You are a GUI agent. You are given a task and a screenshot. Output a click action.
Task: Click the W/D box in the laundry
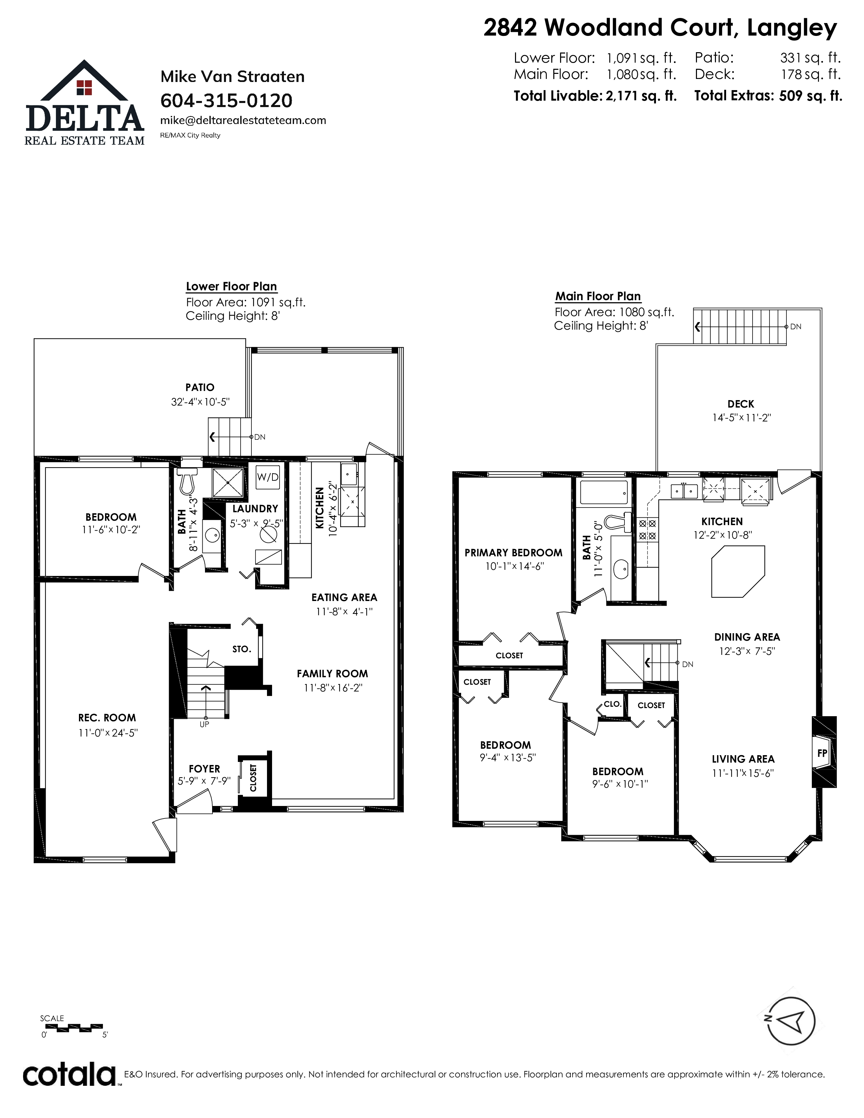268,477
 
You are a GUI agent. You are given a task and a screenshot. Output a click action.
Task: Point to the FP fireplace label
822,753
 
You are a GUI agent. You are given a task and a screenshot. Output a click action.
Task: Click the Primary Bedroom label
513,553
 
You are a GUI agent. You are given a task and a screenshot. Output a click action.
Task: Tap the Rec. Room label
107,718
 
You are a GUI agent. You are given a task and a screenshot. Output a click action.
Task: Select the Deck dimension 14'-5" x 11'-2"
741,418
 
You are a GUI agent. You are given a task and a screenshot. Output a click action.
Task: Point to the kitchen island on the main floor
738,571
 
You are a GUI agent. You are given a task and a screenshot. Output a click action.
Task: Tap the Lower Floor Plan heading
231,287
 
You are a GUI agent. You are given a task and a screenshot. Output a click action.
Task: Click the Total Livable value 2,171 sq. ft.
641,96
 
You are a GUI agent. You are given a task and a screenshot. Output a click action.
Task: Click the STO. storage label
242,649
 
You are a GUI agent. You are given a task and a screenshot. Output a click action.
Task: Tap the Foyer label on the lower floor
204,769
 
